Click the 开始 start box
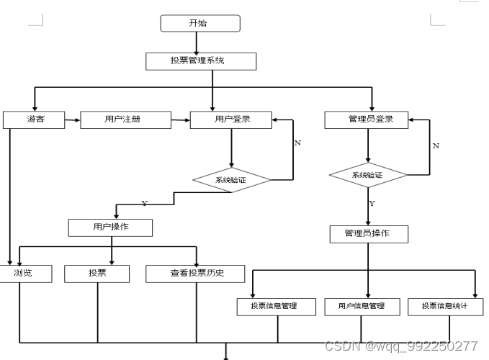pos(199,23)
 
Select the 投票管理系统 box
pos(201,61)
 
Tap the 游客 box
pos(34,120)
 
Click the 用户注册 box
pos(125,120)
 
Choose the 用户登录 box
pos(231,120)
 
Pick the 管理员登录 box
pos(367,120)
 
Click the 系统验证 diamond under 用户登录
pos(231,180)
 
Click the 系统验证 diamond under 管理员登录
pos(367,175)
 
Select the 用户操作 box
pos(111,228)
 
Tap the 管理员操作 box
pos(369,234)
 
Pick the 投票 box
pos(97,274)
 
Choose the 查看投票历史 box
pos(195,274)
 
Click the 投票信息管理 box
pos(277,306)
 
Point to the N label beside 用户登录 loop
pos(297,143)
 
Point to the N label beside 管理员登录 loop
pos(435,145)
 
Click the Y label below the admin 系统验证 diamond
pos(372,204)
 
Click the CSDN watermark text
pos(401,346)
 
